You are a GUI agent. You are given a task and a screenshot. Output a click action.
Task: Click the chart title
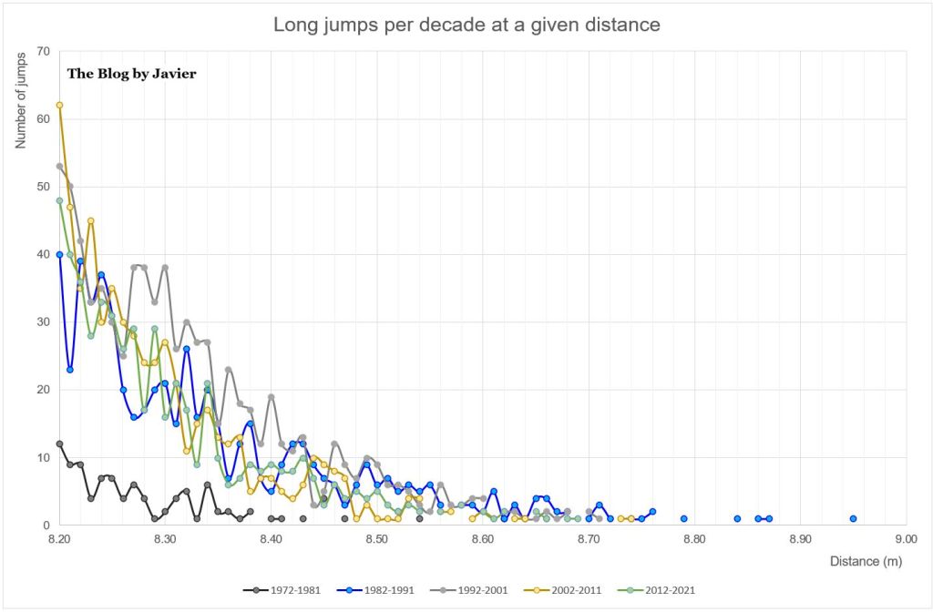pyautogui.click(x=466, y=25)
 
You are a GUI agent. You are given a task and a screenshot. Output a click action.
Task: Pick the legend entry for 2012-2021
pyautogui.click(x=664, y=589)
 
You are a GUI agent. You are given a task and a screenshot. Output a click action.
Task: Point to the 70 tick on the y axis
pyautogui.click(x=42, y=51)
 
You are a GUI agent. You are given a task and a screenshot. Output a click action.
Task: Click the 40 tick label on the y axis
pyautogui.click(x=42, y=254)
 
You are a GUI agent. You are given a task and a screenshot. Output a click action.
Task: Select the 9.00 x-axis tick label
pyautogui.click(x=906, y=539)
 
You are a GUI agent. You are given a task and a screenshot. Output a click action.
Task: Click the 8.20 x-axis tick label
pyautogui.click(x=59, y=539)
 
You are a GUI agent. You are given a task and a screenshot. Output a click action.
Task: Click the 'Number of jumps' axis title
pyautogui.click(x=19, y=105)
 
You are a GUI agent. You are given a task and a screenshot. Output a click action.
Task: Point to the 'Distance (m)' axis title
pyautogui.click(x=866, y=562)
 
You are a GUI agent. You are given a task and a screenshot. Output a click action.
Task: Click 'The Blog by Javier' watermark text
pyautogui.click(x=131, y=74)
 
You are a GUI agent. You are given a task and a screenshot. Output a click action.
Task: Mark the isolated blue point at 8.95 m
pyautogui.click(x=853, y=518)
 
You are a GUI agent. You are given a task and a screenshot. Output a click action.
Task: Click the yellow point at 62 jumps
pyautogui.click(x=59, y=105)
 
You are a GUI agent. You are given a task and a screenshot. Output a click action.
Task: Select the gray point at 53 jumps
pyautogui.click(x=59, y=166)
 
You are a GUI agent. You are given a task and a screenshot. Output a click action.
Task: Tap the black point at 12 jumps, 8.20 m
pyautogui.click(x=59, y=444)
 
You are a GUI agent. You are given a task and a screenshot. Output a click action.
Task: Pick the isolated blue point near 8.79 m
pyautogui.click(x=683, y=518)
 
